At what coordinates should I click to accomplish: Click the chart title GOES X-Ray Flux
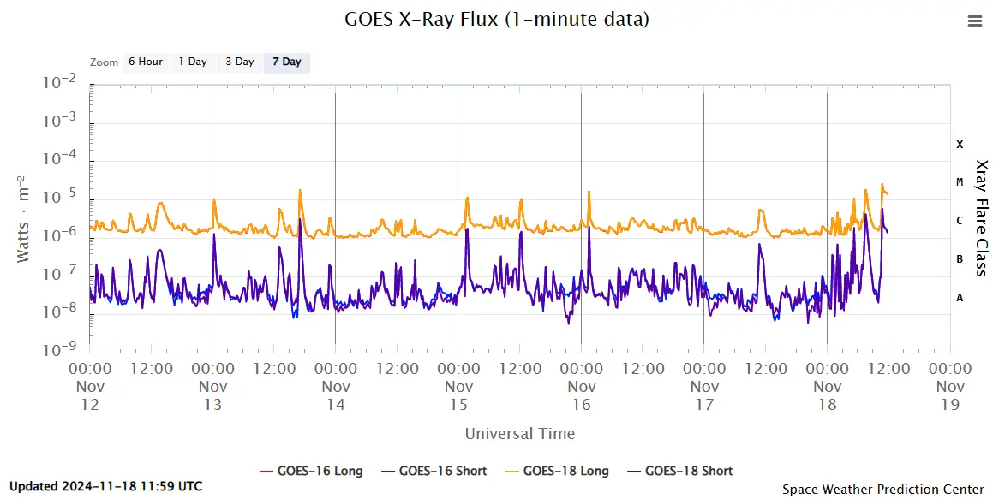click(x=496, y=19)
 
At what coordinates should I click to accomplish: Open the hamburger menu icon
click(x=974, y=21)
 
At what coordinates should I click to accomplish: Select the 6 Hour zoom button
click(x=145, y=62)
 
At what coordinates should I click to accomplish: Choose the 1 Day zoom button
click(x=192, y=62)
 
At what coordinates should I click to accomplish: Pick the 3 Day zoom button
click(x=239, y=62)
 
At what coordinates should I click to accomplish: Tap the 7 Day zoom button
click(x=286, y=62)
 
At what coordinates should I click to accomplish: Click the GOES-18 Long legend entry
click(x=557, y=471)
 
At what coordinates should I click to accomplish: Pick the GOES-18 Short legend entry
click(x=680, y=471)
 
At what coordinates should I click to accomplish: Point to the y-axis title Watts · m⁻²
click(x=26, y=219)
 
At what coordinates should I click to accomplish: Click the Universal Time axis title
click(x=519, y=433)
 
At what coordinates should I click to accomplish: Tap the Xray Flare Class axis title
click(x=982, y=217)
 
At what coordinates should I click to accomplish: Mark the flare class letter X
click(x=960, y=145)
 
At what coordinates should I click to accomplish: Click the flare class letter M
click(x=960, y=182)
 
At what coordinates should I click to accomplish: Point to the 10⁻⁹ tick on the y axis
click(x=63, y=349)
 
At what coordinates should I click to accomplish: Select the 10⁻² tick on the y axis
click(x=63, y=83)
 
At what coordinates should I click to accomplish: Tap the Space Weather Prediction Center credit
click(x=882, y=490)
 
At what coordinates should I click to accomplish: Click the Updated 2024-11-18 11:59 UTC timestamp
click(x=106, y=486)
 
